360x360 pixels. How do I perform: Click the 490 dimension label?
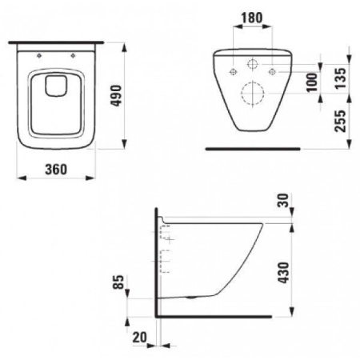click(116, 96)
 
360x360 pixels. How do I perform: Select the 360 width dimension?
click(56, 169)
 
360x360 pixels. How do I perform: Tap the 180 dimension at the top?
click(252, 18)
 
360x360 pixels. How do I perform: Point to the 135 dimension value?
click(340, 78)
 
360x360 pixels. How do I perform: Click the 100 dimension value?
click(312, 82)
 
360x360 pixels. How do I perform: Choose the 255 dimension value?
click(340, 121)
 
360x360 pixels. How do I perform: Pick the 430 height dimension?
click(283, 272)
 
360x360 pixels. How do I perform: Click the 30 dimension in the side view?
click(283, 200)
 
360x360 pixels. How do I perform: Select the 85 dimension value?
click(118, 282)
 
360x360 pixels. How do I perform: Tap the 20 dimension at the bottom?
click(140, 337)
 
